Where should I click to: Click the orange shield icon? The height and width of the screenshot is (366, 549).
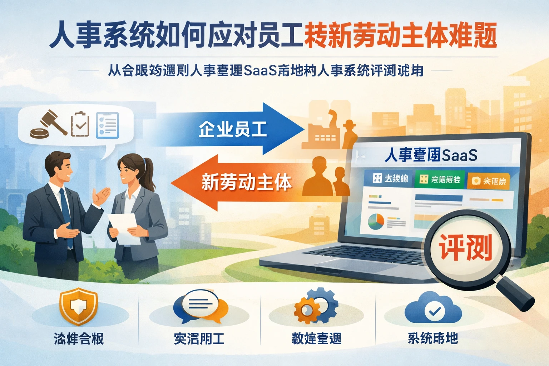pos(78,307)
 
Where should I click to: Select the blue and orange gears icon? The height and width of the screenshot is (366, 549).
pos(316,306)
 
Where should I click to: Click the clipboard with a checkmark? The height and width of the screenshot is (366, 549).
pos(80,124)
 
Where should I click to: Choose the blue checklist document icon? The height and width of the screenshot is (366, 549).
pos(107,125)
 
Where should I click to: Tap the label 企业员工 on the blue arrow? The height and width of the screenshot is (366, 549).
pos(233,129)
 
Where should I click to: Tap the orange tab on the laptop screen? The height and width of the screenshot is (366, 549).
pos(489,181)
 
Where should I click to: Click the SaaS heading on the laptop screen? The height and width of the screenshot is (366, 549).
pos(431,155)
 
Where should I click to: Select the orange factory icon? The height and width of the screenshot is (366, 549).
pos(320,130)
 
